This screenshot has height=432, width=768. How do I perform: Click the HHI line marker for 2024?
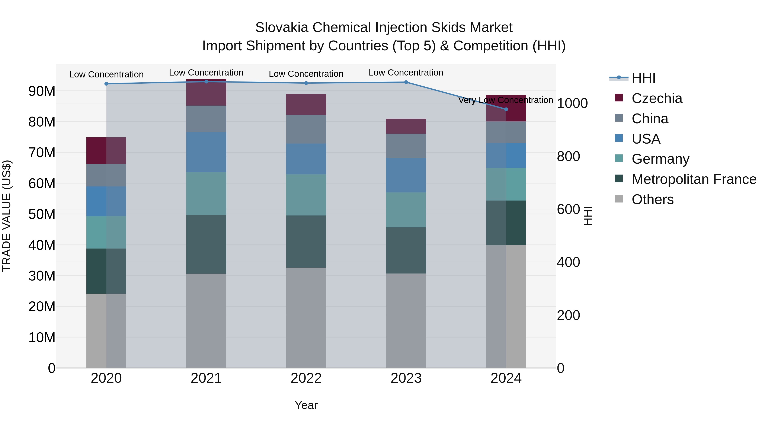coord(506,109)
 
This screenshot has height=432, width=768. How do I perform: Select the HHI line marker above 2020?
coord(106,84)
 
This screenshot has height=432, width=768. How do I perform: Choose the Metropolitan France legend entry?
coord(694,179)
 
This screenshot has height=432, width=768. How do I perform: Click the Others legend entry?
coord(652,199)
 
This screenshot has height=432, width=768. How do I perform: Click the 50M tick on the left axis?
coord(42,214)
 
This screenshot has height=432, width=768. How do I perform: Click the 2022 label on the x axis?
coord(306,378)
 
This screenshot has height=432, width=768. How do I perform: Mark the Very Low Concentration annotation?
coord(505,100)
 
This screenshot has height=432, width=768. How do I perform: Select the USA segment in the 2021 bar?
coord(206,152)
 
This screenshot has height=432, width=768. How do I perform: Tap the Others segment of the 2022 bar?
coord(306,317)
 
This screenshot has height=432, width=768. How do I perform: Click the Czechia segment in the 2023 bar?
coord(406,126)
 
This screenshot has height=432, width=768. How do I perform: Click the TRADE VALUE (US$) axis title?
coord(7,216)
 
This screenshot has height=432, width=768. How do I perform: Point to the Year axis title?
coord(306,405)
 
